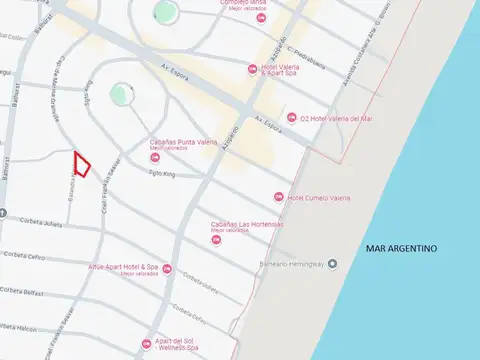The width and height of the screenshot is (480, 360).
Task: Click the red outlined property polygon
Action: coord(82,164)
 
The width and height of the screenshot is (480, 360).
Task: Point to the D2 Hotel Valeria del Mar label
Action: coord(337,117)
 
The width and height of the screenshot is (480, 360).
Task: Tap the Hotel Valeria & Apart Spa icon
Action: coord(252,68)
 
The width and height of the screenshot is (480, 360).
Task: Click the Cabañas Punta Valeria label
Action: coord(179,143)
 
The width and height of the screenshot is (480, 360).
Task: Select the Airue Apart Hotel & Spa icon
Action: coord(167,269)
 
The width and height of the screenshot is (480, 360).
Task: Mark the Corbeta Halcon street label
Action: coord(19,328)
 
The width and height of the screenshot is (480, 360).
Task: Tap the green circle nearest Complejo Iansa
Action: coord(165,12)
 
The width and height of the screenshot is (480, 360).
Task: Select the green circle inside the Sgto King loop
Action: coord(120,94)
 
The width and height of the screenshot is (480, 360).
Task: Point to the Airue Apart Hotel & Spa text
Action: coord(125,268)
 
